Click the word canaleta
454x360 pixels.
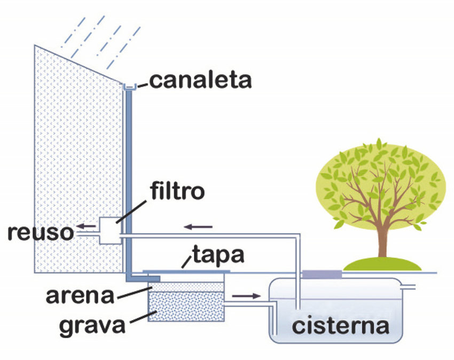pos(200,80)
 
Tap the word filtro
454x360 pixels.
pos(177,191)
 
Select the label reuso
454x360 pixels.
pos(41,232)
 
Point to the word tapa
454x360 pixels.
pos(218,255)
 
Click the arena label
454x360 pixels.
pos(80,296)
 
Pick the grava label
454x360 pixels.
pos(92,325)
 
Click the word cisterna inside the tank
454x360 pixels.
pos(341,326)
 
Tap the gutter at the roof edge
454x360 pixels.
pos(130,87)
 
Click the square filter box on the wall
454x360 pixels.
pos(110,231)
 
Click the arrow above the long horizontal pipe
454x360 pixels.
pos(198,227)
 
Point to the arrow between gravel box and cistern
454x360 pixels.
pos(246,296)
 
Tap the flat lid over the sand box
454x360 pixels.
pos(186,271)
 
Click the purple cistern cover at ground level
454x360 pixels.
pos(322,274)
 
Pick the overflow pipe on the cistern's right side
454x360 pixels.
pos(408,287)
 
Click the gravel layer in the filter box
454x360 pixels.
pos(186,307)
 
